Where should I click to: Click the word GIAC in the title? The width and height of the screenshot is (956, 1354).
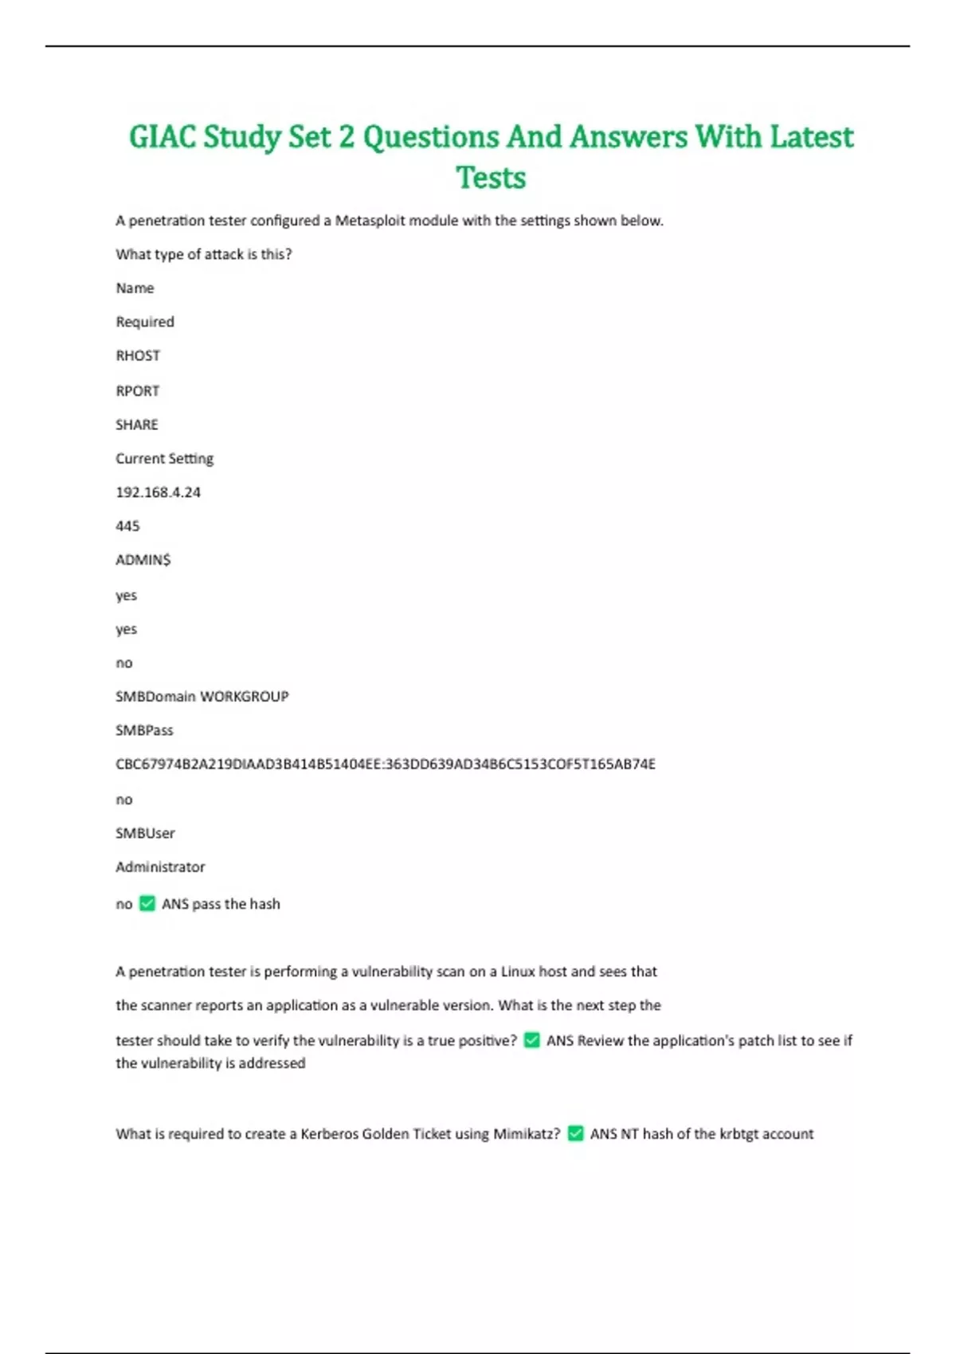[x=163, y=137]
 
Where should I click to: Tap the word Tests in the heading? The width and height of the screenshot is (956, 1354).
[x=491, y=178]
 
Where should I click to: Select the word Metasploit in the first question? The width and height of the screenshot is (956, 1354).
[x=370, y=221]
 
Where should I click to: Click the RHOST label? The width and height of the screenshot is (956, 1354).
[x=138, y=356]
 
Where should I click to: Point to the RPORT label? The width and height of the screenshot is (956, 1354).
[x=138, y=391]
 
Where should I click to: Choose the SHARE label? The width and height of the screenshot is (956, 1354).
[x=137, y=425]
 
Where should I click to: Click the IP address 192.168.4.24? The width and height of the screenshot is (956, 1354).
[x=158, y=492]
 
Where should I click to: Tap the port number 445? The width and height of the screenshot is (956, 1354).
[x=127, y=526]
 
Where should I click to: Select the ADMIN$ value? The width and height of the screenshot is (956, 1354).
[x=143, y=560]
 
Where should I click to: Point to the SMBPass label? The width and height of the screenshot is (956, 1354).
[x=144, y=730]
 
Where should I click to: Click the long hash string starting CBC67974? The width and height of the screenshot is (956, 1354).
[x=386, y=764]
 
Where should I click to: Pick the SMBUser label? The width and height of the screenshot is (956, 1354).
[x=145, y=833]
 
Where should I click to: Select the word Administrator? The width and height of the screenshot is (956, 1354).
[x=160, y=867]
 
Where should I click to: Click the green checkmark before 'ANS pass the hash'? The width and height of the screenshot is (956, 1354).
[x=147, y=903]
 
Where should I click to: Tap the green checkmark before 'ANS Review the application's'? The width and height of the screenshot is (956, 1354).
[x=532, y=1040]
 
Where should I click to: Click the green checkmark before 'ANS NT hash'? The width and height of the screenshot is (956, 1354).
[x=576, y=1133]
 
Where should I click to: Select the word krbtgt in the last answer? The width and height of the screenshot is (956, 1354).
[x=739, y=1133]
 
